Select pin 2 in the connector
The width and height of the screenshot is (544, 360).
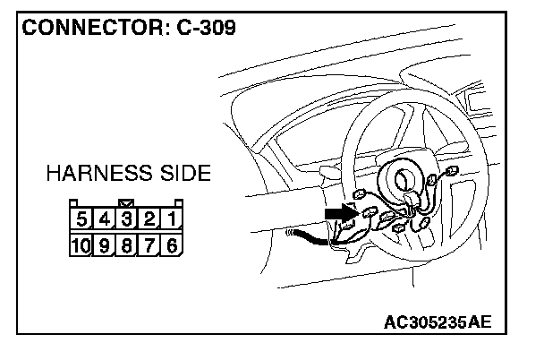coord(150,219)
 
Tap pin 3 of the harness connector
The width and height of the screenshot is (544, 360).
coord(128,219)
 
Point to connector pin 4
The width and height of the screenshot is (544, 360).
coord(105,219)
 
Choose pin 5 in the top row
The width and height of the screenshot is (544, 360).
coord(82,219)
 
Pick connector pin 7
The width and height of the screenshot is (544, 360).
coord(150,244)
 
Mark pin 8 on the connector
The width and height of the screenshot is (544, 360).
coord(128,244)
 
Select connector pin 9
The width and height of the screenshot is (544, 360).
coord(106,244)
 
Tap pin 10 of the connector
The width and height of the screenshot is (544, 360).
coord(81,244)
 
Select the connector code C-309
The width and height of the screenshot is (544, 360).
coord(199,28)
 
